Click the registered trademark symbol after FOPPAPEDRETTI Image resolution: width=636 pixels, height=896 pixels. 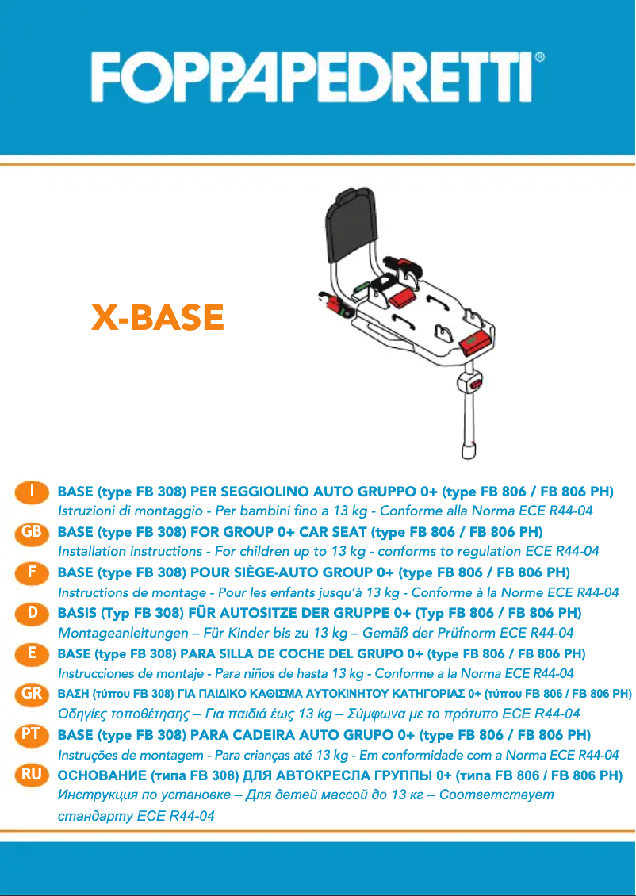(540, 58)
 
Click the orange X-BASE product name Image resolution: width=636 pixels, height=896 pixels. (158, 318)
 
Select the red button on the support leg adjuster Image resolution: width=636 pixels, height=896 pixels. (474, 385)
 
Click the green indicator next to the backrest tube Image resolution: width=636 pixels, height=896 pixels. (361, 284)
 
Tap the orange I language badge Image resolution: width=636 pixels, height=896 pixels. (32, 492)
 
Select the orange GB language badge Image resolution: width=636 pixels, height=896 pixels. (32, 532)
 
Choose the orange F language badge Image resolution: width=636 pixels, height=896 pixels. (32, 572)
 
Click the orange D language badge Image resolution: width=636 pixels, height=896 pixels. (32, 612)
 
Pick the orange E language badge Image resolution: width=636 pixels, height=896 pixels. (32, 653)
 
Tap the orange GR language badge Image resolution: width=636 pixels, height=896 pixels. (32, 694)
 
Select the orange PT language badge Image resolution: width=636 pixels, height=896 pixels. (32, 734)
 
